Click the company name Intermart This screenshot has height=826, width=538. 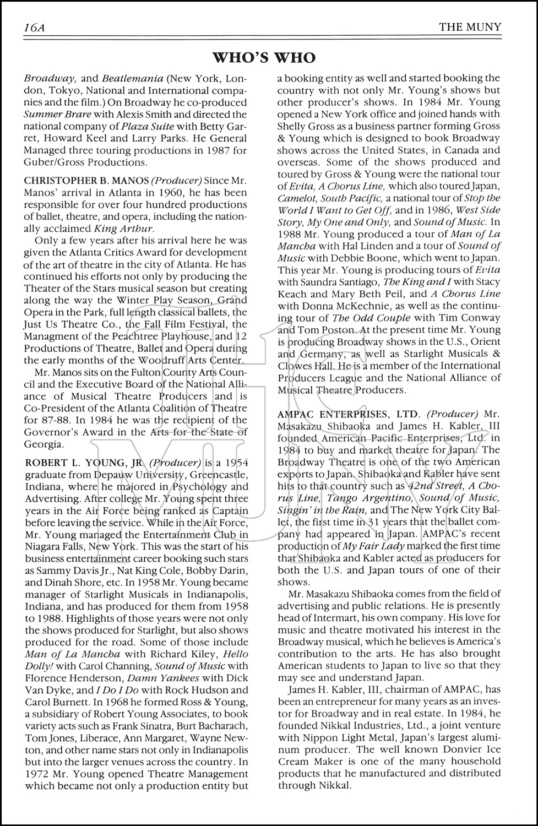[338, 618]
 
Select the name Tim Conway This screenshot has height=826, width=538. [474, 318]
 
